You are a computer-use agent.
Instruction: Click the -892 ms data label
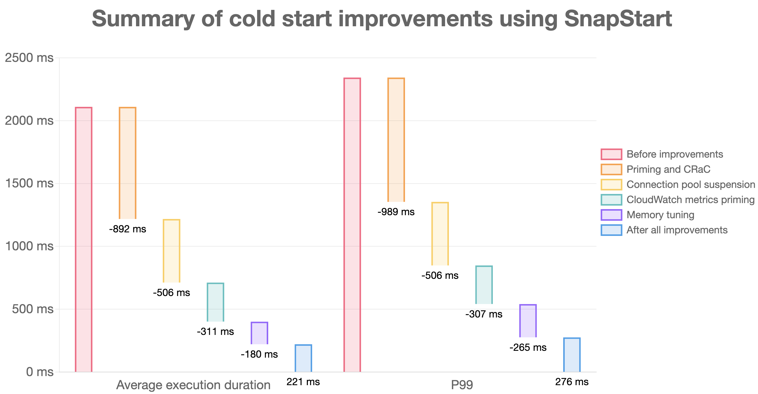[127, 229]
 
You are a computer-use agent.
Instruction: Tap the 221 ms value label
[303, 382]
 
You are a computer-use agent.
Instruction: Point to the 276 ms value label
[572, 382]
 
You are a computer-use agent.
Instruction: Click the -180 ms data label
[259, 354]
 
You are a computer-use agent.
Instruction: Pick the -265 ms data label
[528, 348]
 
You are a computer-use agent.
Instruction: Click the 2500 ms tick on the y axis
[29, 58]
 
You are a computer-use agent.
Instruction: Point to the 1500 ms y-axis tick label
[29, 183]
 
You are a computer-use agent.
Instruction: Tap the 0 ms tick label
[39, 372]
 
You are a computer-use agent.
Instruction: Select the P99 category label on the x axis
[462, 385]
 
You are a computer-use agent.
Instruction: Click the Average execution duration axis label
[193, 385]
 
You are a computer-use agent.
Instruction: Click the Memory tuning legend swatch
[611, 215]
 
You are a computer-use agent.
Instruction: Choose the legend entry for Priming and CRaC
[668, 169]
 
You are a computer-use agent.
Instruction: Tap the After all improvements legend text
[677, 230]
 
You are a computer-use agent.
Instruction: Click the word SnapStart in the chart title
[618, 19]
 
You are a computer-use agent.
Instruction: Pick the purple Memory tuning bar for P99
[528, 321]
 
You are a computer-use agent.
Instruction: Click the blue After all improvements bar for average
[303, 358]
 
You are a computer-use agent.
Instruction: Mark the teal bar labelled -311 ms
[215, 302]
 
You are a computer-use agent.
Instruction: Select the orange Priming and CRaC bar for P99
[396, 140]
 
